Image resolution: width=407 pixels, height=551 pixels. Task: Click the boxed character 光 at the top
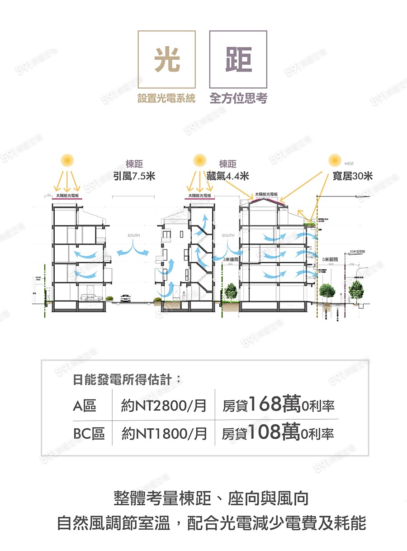167,60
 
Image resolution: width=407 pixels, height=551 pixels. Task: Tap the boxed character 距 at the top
238,60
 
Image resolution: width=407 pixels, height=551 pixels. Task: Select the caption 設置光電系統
166,98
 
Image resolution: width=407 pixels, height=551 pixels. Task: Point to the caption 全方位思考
238,98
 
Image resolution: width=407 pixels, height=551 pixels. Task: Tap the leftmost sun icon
67,160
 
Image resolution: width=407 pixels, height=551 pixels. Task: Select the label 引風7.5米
134,176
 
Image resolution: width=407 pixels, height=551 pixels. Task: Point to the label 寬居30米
352,176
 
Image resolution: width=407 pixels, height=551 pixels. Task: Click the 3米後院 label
231,259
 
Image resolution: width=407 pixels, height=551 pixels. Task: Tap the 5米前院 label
330,259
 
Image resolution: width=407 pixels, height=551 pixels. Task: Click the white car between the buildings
126,298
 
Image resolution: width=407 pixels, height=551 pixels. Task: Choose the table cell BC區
89,434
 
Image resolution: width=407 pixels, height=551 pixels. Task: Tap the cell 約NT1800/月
164,434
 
